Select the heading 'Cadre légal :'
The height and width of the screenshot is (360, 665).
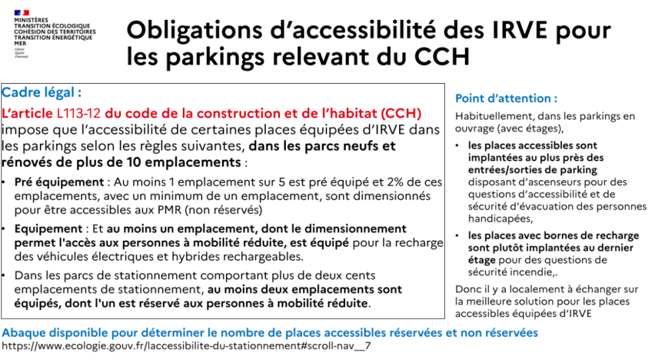(42, 93)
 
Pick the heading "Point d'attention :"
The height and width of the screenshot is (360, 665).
(506, 98)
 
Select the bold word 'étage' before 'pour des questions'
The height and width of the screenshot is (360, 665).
(482, 260)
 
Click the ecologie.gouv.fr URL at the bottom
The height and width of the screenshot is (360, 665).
(186, 347)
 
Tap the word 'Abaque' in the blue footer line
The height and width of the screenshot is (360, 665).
(24, 333)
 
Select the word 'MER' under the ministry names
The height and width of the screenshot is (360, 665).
(20, 43)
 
